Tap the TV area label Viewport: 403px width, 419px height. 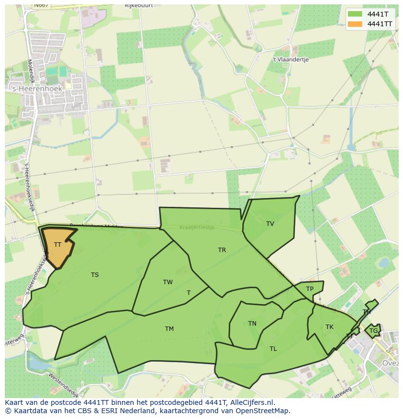[270, 224]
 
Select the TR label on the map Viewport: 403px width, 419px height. [222, 250]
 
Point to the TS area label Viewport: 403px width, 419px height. [95, 275]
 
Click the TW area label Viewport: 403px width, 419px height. [168, 282]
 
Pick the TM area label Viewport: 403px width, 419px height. [169, 329]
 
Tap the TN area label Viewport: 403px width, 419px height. [252, 324]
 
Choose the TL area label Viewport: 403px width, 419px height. [273, 349]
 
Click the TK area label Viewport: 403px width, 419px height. [330, 327]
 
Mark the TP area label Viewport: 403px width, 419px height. [310, 289]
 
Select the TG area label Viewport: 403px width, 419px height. [373, 331]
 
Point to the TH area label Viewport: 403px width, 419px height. [366, 312]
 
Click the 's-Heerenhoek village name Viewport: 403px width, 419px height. [36, 89]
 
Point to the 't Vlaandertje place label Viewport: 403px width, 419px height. [291, 59]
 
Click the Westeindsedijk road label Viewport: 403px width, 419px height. [63, 384]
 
